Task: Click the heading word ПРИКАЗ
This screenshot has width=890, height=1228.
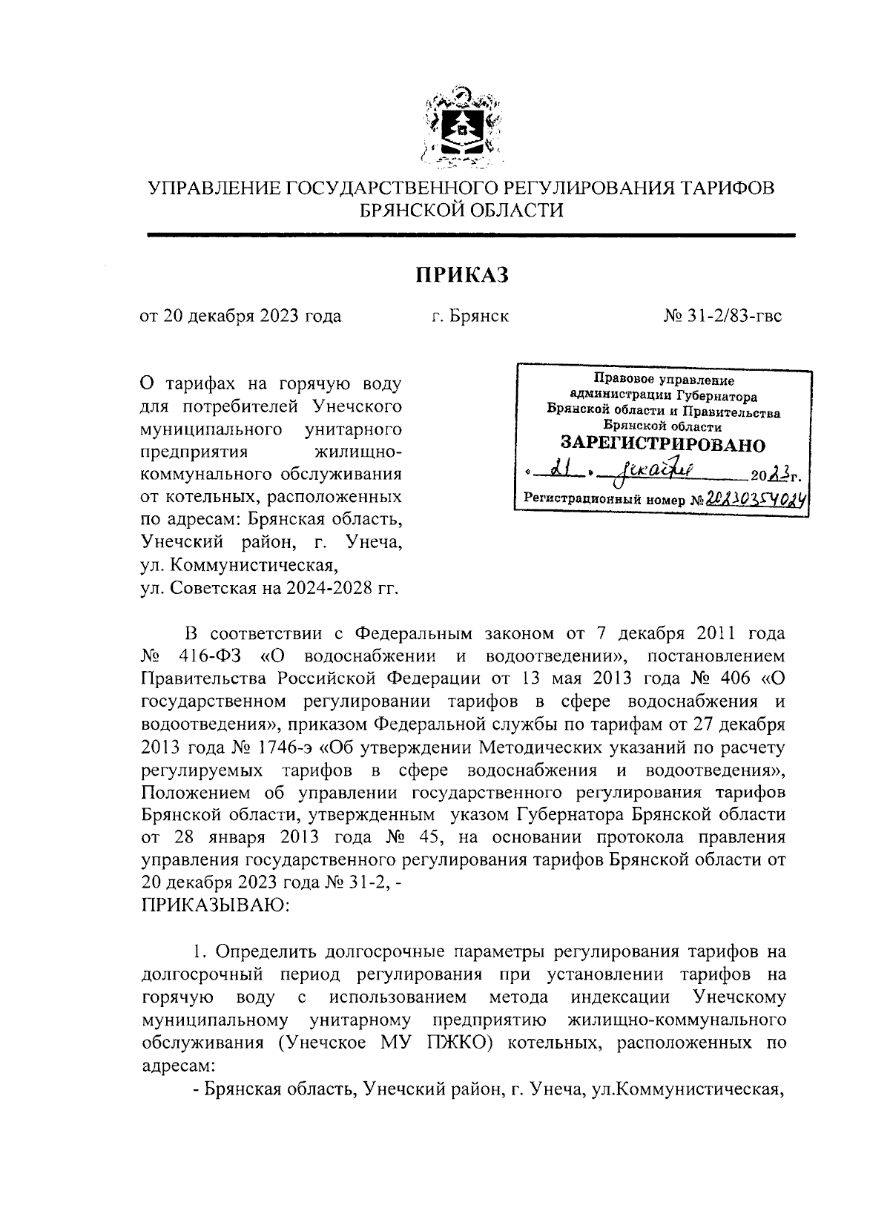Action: [462, 276]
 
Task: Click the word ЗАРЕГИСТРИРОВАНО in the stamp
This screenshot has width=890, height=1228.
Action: [662, 445]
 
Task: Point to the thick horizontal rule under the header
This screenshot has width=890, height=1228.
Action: [471, 235]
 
